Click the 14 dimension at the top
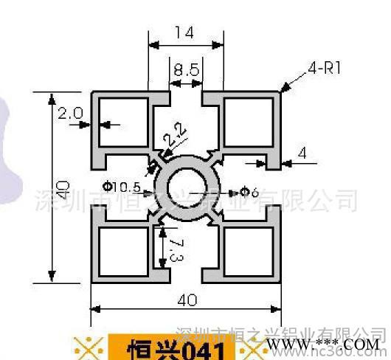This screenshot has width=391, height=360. pyautogui.click(x=185, y=33)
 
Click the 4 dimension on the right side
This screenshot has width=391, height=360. pyautogui.click(x=302, y=153)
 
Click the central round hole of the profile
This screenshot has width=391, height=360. pyautogui.click(x=186, y=190)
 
